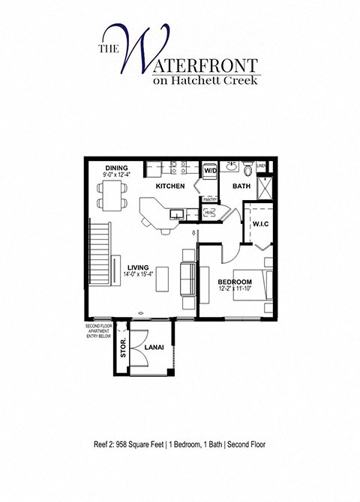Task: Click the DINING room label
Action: click(116, 168)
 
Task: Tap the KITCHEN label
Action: click(170, 185)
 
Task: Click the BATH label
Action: click(241, 185)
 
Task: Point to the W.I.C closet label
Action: click(260, 223)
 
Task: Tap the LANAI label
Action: click(154, 347)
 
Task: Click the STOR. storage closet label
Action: click(123, 350)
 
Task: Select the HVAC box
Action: click(210, 214)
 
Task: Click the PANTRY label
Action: click(210, 199)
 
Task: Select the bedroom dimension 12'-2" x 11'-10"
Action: click(235, 288)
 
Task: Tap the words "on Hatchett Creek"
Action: click(204, 80)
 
